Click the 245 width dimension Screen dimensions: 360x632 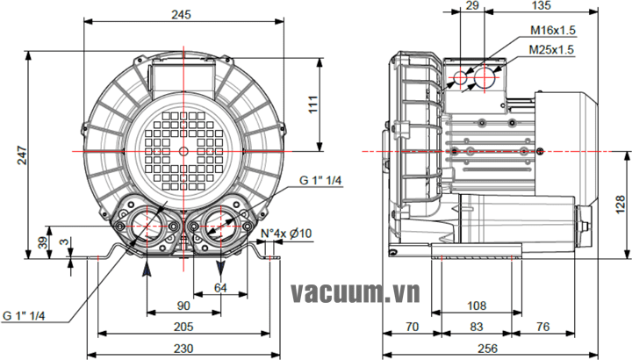pos(182,15)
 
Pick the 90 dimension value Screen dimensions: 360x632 pos(183,306)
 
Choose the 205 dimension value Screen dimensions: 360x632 pos(183,326)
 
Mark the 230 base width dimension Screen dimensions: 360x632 pos(183,348)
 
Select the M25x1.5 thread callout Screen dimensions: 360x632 pos(552,50)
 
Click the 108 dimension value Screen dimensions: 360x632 pos(474,306)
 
